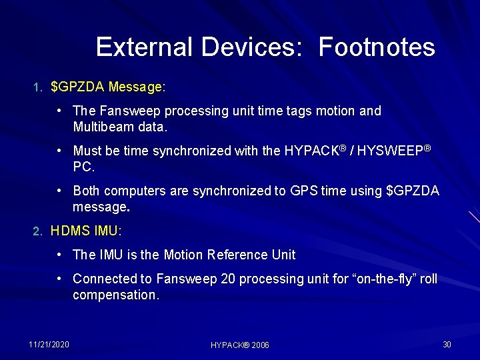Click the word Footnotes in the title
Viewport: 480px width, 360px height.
(x=377, y=47)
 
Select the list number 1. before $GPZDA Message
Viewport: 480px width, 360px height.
(x=38, y=87)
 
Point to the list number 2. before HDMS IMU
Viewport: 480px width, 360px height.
(x=38, y=232)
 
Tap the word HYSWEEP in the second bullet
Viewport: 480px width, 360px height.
(x=390, y=151)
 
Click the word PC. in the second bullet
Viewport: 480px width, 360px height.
(x=83, y=167)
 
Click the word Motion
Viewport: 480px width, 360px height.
(x=184, y=255)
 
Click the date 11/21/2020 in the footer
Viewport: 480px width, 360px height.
(x=49, y=344)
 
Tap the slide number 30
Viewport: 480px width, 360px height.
(x=447, y=344)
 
